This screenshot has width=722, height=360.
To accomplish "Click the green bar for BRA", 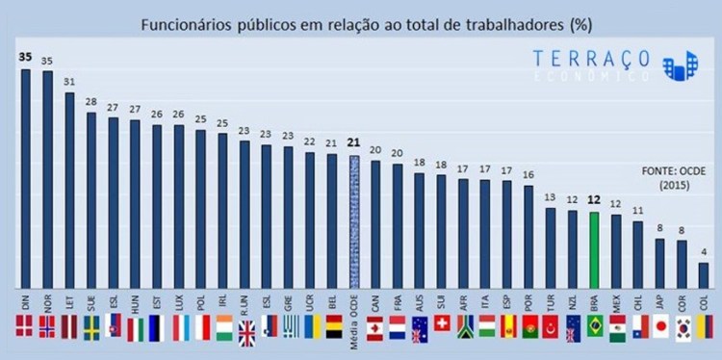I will click(x=594, y=250).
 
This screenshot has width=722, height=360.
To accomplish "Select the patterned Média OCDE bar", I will click(x=353, y=221).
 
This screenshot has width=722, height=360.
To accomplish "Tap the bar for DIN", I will click(x=25, y=178).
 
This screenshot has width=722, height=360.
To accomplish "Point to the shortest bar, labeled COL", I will click(x=704, y=276).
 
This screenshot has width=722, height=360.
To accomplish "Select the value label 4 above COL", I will click(x=704, y=253).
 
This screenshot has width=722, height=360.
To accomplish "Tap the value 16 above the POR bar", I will click(x=528, y=175).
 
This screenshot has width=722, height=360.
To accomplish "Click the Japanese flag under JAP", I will click(x=660, y=328).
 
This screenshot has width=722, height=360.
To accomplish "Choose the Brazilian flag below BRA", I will click(x=594, y=328).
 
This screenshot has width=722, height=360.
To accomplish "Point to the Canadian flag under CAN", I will click(x=375, y=328).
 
